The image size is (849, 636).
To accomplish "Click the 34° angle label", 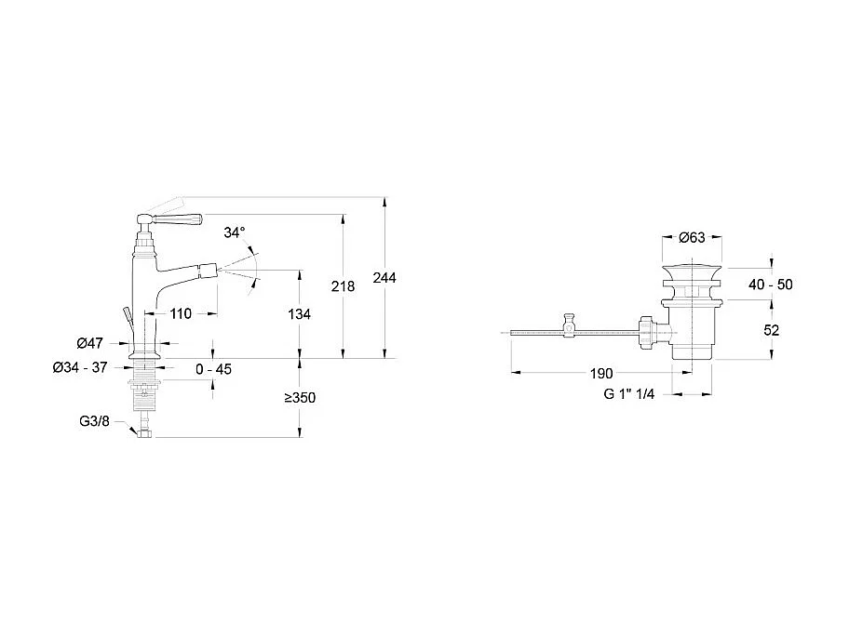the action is [x=235, y=232].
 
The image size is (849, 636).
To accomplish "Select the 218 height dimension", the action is [x=343, y=286].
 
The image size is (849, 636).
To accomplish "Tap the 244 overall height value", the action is [x=384, y=278].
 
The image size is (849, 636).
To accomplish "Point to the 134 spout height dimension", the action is [x=300, y=314].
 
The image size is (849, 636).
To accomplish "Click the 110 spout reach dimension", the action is [x=181, y=313].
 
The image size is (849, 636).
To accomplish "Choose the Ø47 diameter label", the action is [x=90, y=343].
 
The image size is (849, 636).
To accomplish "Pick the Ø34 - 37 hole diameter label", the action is [x=80, y=368].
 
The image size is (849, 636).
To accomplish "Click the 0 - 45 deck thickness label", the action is [x=213, y=369].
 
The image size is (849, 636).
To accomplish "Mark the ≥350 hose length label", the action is [x=300, y=398].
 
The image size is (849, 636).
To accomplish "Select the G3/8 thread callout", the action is [x=94, y=421].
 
